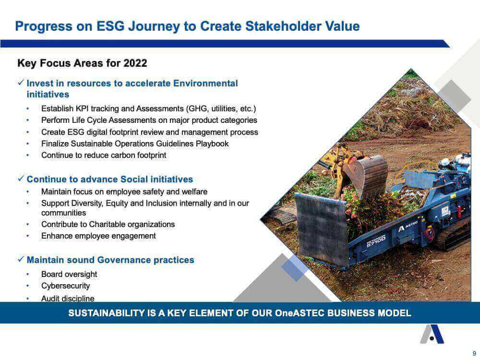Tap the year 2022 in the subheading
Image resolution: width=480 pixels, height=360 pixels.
(135, 63)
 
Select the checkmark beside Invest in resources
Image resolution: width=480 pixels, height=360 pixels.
(21, 83)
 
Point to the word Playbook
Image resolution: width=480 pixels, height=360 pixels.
(212, 144)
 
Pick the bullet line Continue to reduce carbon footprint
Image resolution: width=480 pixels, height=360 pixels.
(104, 155)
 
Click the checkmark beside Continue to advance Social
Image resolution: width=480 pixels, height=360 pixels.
(21, 179)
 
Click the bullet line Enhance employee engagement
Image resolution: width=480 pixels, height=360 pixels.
(98, 236)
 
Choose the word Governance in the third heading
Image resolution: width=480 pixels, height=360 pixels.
(124, 260)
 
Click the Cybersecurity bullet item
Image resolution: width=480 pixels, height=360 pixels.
(65, 286)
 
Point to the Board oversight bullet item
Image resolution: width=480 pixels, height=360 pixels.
(69, 274)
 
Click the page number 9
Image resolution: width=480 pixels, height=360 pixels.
(474, 353)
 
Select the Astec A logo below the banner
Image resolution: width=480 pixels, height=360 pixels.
(432, 334)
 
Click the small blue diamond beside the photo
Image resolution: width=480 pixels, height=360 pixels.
(295, 268)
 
